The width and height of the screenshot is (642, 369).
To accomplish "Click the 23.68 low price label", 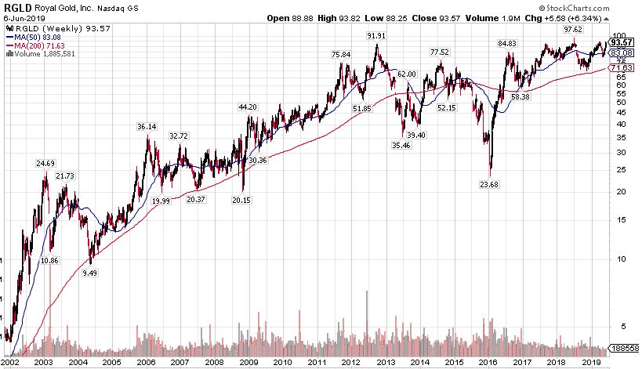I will (x=490, y=184).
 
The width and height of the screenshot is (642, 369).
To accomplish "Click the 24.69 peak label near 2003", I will (x=45, y=164).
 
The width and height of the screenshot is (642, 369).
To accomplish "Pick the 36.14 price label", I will (x=147, y=126).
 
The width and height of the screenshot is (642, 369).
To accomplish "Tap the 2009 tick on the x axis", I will (x=248, y=363).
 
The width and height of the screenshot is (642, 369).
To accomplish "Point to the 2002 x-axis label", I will (x=10, y=363).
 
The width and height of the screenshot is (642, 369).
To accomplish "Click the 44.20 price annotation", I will (x=248, y=107).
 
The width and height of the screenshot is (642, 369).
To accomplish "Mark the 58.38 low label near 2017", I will (x=521, y=96).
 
